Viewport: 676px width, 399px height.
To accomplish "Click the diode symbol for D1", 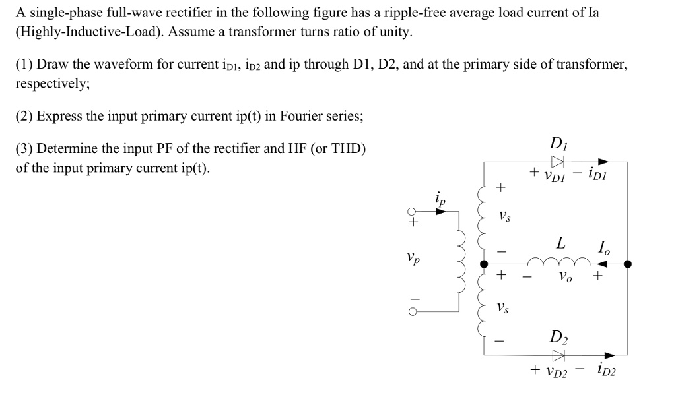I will (x=558, y=161).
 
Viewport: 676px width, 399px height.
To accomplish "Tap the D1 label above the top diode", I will (x=558, y=143).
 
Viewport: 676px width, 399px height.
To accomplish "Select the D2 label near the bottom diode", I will (x=558, y=339).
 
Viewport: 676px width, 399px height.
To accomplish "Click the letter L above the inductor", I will (x=560, y=243).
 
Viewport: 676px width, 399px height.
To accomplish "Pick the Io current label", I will (x=603, y=248).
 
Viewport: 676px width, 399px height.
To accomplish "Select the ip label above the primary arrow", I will (x=440, y=197).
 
